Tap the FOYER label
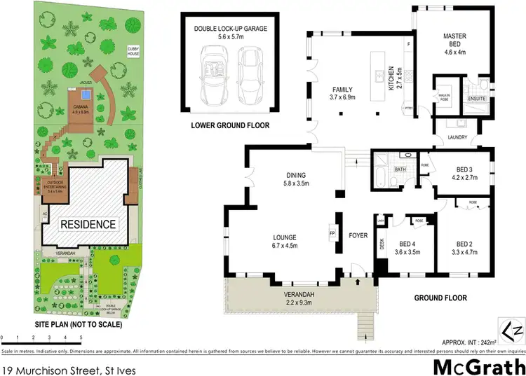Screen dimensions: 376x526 (x=358, y=235)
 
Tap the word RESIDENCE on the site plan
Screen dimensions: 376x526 (x=88, y=225)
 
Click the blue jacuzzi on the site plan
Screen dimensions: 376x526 (x=72, y=90)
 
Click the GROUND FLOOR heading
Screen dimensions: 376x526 (x=440, y=298)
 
